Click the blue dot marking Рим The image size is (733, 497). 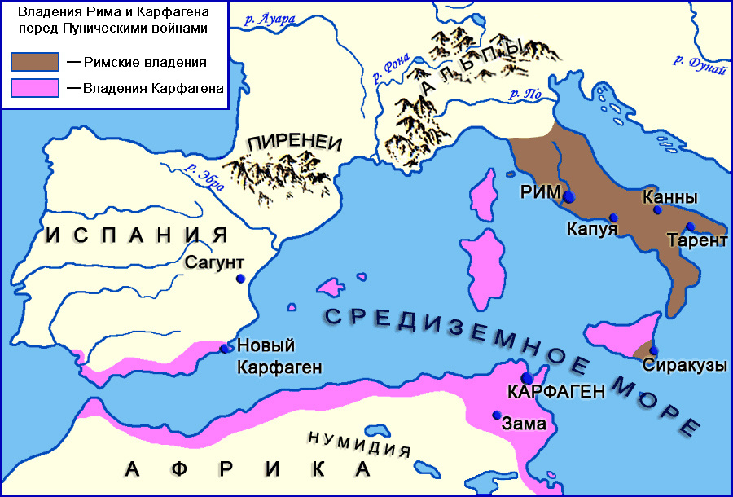569,196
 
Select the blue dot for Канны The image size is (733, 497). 657,209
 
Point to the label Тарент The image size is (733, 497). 696,240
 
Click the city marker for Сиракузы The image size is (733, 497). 653,351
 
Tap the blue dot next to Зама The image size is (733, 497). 496,415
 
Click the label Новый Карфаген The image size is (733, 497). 266,355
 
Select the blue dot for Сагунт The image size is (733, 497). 240,279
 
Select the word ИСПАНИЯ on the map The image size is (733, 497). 135,236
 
